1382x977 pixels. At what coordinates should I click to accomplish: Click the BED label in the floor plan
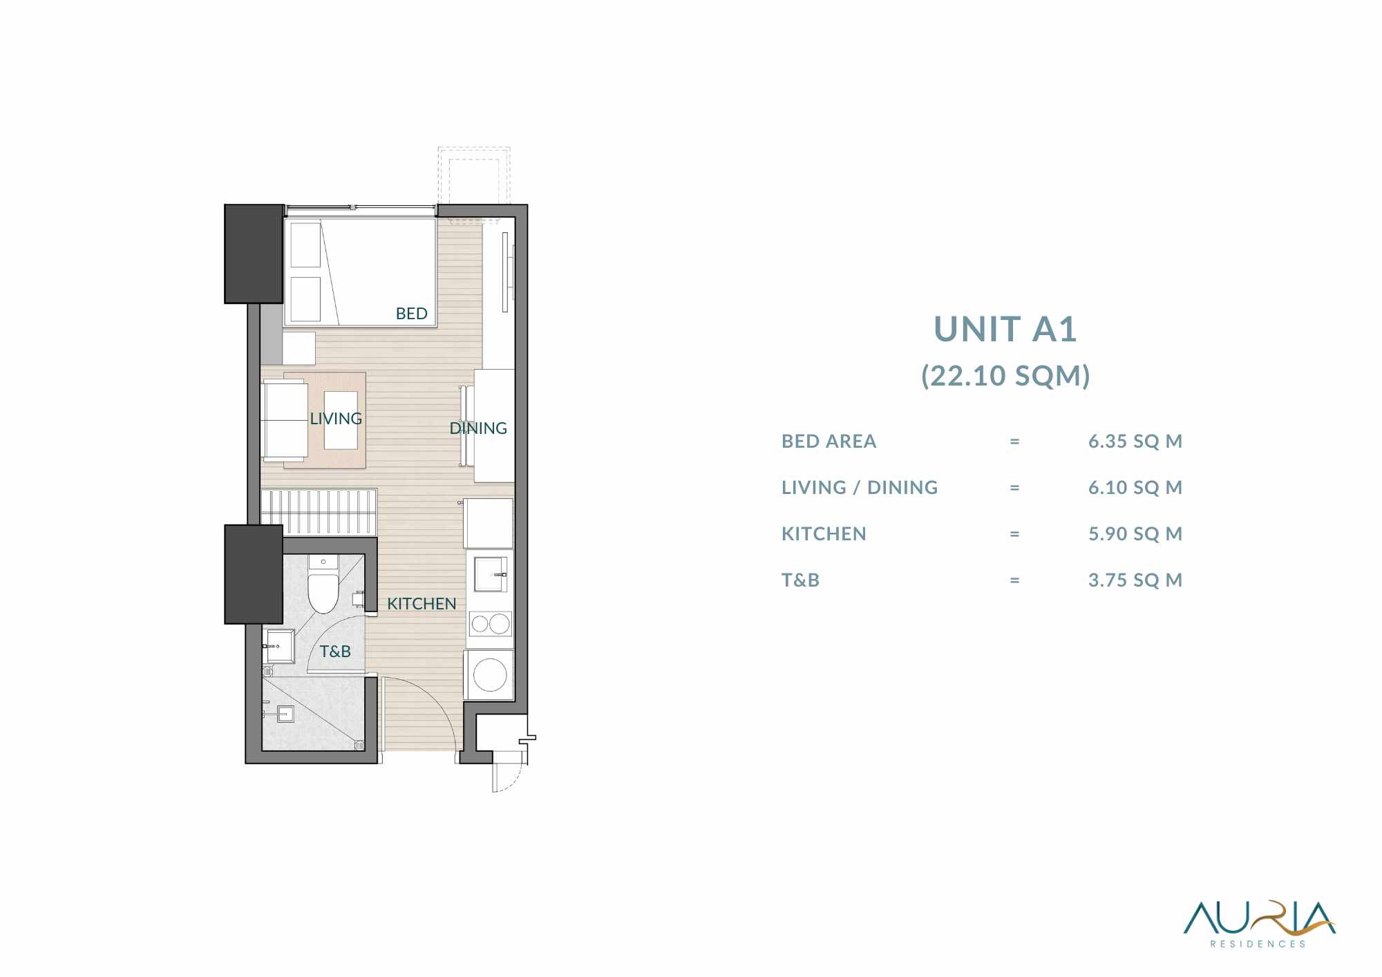[411, 314]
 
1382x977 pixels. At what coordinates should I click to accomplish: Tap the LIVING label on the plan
[336, 419]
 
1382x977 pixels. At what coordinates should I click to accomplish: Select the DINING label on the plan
[478, 428]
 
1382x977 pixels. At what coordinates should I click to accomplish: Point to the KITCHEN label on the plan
[422, 604]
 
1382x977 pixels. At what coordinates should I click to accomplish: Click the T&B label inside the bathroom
[335, 652]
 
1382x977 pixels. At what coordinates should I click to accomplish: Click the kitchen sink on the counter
[491, 573]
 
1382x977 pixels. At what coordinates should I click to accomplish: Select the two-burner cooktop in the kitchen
[490, 625]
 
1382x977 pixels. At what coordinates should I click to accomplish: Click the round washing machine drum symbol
[490, 674]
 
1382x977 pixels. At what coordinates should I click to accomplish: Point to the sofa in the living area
[285, 420]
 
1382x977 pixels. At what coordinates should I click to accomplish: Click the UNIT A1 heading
[1005, 329]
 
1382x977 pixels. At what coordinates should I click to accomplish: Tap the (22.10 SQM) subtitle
[1005, 376]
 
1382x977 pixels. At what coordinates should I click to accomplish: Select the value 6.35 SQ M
[1135, 441]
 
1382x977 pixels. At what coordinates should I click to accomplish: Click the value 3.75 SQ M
[1135, 580]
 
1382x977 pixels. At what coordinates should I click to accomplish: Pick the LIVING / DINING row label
[860, 488]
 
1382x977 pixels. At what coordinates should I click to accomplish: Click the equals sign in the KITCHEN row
[1014, 534]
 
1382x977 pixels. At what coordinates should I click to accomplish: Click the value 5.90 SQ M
[1135, 533]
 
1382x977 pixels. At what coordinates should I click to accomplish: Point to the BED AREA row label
[829, 441]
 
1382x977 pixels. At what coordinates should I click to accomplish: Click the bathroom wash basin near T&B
[279, 646]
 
